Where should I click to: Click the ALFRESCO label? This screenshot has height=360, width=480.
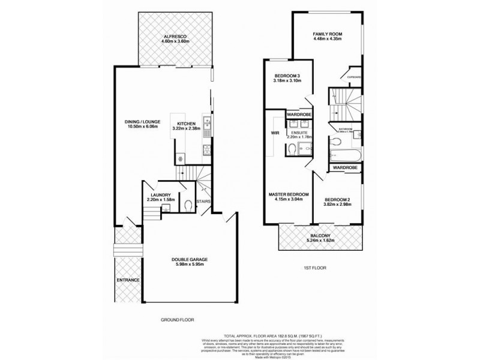(176, 37)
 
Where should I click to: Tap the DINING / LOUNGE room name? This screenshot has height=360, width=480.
(140, 122)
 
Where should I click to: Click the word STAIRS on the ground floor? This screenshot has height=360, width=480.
(203, 202)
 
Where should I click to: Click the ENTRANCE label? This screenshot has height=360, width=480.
(128, 280)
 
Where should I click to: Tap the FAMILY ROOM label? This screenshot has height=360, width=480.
(327, 34)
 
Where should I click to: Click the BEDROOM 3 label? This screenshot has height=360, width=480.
(286, 75)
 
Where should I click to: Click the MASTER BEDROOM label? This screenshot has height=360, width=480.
(289, 195)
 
